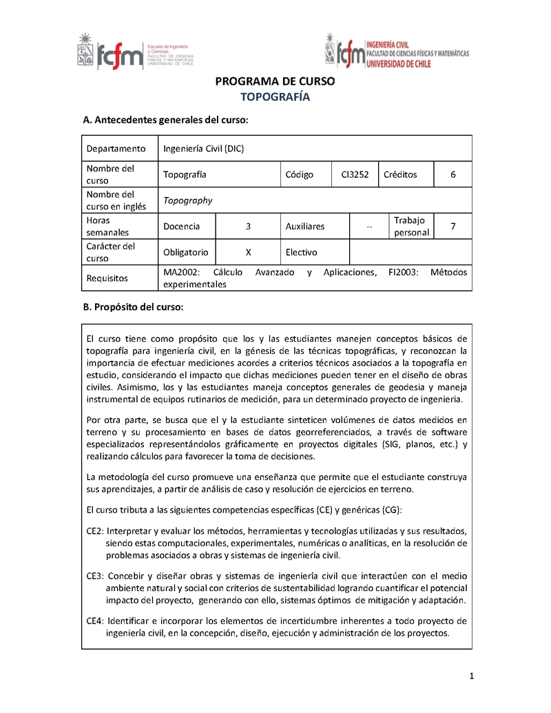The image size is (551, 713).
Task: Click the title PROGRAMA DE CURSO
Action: pos(275,81)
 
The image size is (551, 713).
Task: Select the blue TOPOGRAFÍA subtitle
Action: pos(275,97)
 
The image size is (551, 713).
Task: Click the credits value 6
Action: pos(453,174)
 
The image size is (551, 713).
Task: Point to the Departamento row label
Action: pos(116,148)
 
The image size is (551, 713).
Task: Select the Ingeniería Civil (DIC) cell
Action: pos(203,148)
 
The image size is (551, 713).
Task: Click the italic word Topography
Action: pos(187,200)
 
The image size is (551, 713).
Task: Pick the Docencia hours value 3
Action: pos(248,226)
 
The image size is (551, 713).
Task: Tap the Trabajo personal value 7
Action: pos(453,226)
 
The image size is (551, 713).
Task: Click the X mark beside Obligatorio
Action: pos(248,252)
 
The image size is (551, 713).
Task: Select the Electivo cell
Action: pos(301,252)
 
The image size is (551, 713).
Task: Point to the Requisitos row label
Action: pos(107,278)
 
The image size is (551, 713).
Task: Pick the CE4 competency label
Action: pos(94,620)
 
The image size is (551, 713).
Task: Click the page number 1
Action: pos(472,675)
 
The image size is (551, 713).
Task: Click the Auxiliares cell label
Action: pos(304,226)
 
